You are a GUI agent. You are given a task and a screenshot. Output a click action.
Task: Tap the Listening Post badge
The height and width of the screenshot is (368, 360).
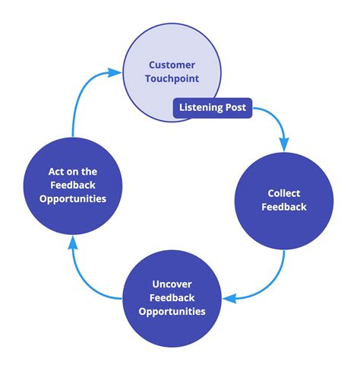tap(213, 108)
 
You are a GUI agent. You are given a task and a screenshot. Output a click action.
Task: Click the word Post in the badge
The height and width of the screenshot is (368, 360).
tap(235, 108)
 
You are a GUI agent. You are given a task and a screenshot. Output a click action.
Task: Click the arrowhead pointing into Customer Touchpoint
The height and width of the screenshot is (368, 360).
tap(114, 73)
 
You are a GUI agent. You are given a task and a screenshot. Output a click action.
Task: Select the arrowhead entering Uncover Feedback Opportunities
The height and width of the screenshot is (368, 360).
tap(229, 298)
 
